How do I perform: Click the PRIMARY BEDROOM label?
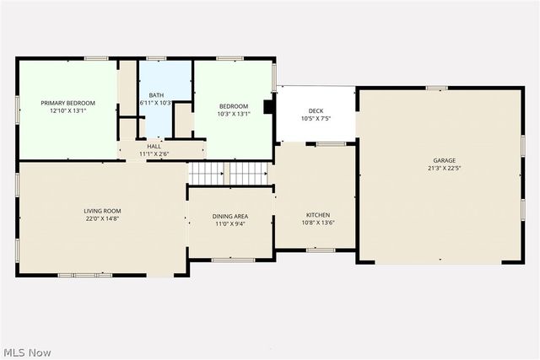click(68, 103)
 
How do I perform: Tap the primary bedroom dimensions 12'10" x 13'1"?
click(68, 110)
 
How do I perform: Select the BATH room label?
click(156, 95)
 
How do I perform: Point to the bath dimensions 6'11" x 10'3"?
click(156, 103)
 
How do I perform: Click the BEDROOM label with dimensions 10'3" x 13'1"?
click(234, 106)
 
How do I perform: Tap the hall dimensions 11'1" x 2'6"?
click(154, 154)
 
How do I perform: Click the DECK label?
click(316, 111)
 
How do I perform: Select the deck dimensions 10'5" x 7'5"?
click(316, 119)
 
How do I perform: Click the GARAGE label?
click(445, 160)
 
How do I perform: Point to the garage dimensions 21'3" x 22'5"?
click(445, 168)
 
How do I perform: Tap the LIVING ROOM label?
click(102, 211)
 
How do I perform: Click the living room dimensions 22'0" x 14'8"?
click(102, 218)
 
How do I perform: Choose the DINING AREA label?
click(229, 217)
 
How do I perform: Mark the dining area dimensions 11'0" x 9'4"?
click(229, 224)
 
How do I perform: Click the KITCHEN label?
click(317, 216)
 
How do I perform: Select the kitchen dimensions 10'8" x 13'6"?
click(317, 223)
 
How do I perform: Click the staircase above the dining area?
click(228, 173)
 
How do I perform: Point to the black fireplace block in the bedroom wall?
click(268, 107)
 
